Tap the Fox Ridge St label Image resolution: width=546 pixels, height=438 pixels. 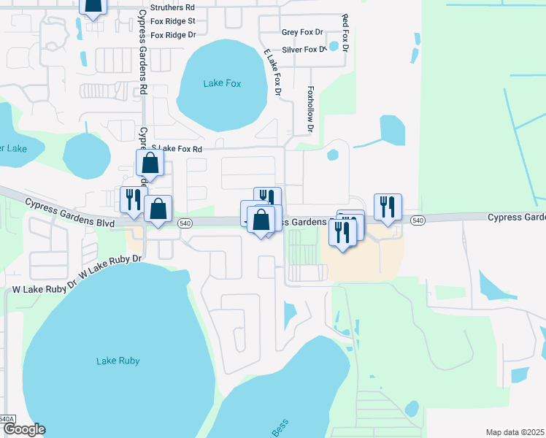pos(173,21)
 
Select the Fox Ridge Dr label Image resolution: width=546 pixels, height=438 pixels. pos(173,34)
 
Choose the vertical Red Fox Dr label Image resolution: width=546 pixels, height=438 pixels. pos(345,31)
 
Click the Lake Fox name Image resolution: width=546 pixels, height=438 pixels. pos(222,83)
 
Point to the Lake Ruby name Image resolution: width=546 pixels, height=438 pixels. pos(118,361)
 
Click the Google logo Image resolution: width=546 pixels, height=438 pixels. pos(23,429)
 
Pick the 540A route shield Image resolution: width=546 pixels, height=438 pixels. pos(7,419)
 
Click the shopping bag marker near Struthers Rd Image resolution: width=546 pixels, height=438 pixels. pos(93,6)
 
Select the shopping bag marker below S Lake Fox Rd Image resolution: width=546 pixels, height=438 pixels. pos(150,164)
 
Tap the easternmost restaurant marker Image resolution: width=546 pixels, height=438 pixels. pos(388,207)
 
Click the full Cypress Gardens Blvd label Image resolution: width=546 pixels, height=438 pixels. pos(69,213)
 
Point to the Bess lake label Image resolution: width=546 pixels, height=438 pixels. pos(280,428)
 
